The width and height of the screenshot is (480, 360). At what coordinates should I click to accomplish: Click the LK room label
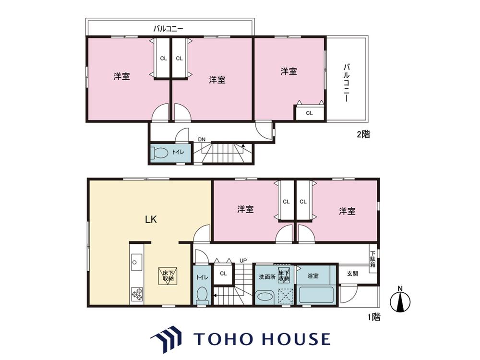tap(151, 219)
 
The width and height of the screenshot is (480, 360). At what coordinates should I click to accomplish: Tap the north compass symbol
tap(400, 300)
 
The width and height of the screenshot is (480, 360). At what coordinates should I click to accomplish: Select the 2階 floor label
tap(363, 134)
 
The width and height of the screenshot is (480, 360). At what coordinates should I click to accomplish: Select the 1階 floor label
tap(374, 317)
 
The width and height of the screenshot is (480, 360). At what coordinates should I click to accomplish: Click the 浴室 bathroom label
tap(313, 276)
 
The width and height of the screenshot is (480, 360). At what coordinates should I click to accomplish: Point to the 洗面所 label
tap(267, 277)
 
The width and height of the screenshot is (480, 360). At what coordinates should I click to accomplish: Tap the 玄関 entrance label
tap(352, 274)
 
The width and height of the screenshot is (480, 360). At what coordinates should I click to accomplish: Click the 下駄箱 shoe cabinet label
tap(373, 259)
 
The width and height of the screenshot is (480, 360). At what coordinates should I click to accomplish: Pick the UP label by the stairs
tap(243, 261)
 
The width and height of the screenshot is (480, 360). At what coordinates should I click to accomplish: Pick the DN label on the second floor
tap(202, 140)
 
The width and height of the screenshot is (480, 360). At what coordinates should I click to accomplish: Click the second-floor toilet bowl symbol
tap(159, 153)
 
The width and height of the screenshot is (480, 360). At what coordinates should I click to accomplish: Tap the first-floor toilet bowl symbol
tap(202, 296)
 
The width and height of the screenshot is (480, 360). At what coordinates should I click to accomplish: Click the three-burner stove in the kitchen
tap(137, 294)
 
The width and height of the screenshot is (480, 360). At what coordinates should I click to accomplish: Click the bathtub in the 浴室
tap(316, 295)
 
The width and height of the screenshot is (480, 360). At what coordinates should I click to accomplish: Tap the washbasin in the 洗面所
tap(264, 297)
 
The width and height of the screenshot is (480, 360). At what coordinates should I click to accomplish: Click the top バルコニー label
tap(168, 29)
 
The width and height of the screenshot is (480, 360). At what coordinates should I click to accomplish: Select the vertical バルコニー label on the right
tap(347, 83)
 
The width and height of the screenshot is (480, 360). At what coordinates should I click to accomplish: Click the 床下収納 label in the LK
tap(168, 276)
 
